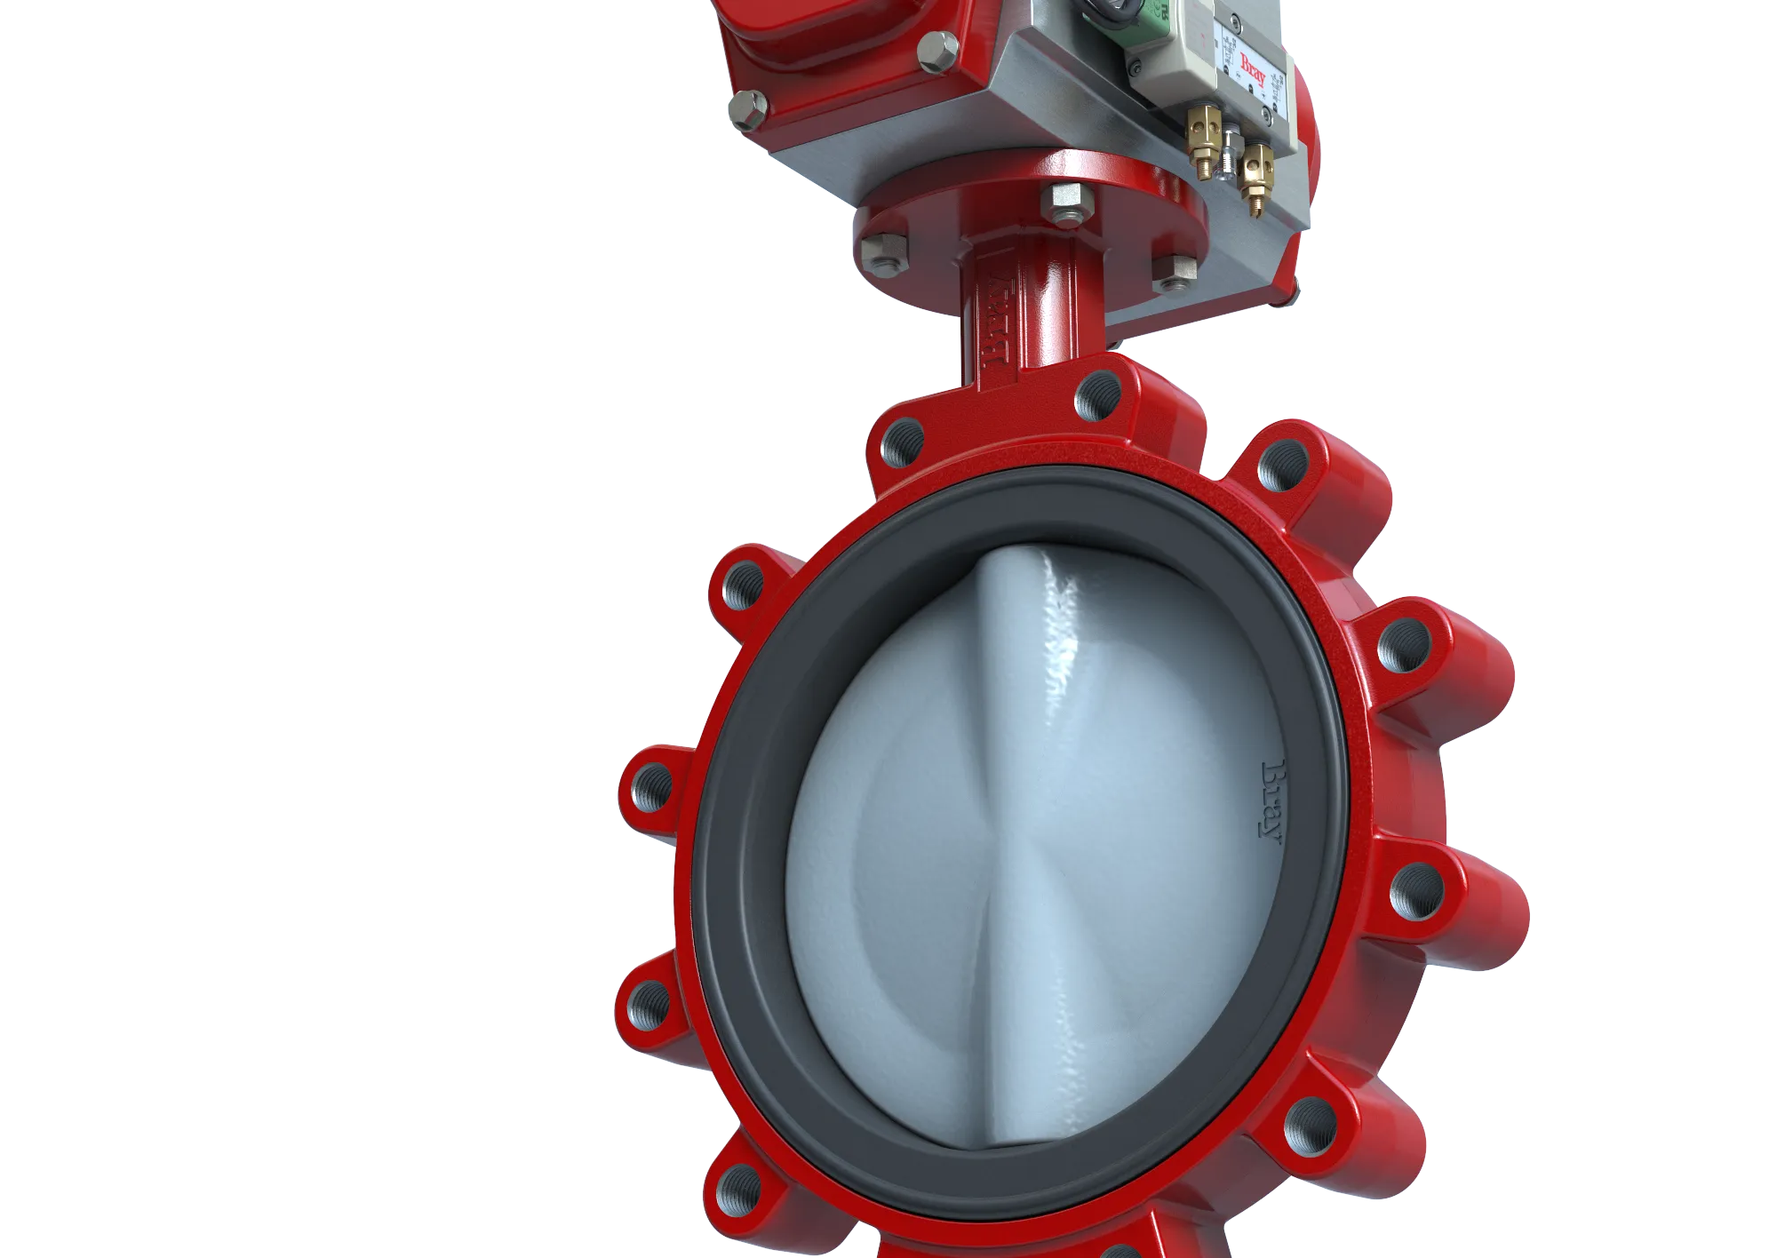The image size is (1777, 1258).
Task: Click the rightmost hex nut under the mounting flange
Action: click(1174, 271)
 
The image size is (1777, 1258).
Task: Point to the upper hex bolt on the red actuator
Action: click(937, 52)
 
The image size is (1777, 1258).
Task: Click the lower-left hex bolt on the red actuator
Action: click(749, 109)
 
